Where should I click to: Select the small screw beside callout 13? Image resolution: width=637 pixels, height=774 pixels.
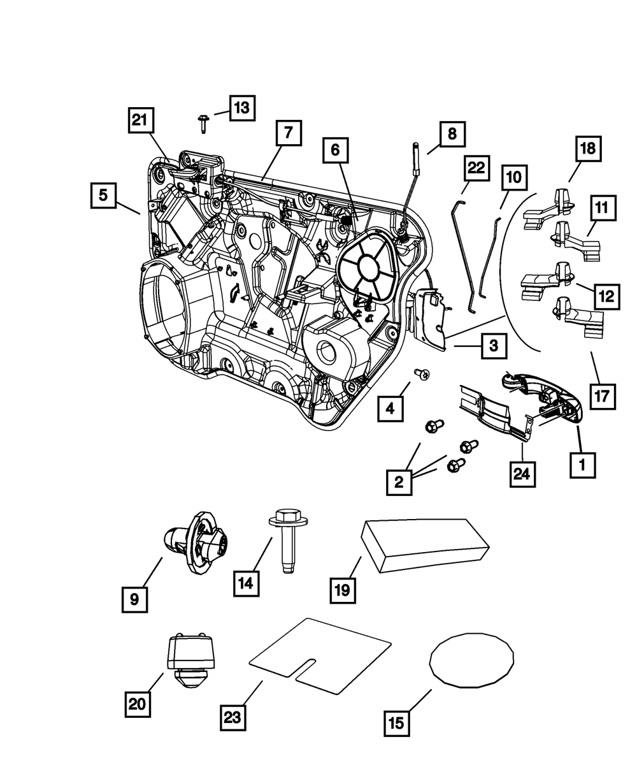click(203, 122)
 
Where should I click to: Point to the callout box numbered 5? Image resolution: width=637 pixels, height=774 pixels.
click(103, 196)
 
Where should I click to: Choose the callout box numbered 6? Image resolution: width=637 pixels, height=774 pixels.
click(335, 150)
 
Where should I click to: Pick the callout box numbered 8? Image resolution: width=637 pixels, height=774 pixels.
click(451, 134)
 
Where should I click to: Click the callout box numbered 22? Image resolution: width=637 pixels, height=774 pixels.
click(476, 169)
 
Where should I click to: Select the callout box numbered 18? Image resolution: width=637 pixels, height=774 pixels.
click(587, 149)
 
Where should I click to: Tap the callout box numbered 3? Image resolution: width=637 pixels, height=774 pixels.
click(494, 347)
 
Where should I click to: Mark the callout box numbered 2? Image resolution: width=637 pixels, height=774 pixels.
click(399, 481)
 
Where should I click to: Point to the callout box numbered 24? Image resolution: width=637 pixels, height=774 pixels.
click(521, 473)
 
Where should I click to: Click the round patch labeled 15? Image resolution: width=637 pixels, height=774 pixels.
click(472, 660)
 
